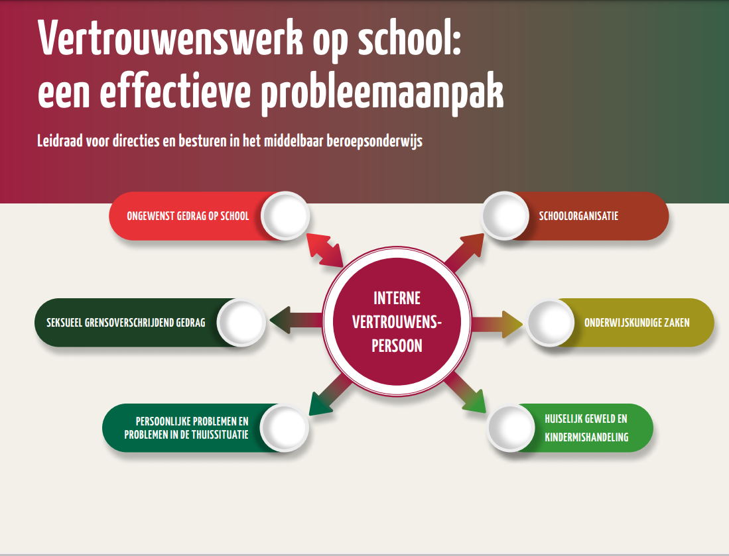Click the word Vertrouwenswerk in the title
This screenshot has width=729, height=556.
(170, 38)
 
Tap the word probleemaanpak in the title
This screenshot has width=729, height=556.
(382, 92)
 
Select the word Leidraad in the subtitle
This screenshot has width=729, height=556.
(60, 140)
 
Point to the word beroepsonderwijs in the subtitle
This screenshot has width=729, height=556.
(374, 141)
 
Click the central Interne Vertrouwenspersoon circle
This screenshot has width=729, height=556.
(397, 321)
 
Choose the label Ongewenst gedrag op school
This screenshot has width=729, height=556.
(188, 216)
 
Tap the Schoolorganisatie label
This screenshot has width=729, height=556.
(578, 216)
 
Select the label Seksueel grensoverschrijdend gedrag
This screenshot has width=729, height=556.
(125, 322)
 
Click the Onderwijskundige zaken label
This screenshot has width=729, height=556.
(637, 322)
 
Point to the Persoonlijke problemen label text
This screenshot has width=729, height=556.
(186, 428)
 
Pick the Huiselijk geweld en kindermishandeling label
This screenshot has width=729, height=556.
(586, 428)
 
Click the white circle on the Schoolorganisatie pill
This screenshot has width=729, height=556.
(505, 215)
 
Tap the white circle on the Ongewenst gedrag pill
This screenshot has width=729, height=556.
(285, 215)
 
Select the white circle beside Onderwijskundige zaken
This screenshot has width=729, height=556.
(550, 322)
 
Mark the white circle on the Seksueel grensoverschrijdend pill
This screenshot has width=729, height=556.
(241, 322)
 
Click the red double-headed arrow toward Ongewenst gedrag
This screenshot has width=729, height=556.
(325, 250)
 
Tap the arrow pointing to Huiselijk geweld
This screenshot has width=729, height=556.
(466, 392)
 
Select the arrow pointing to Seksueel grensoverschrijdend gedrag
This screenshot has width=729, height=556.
(296, 320)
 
